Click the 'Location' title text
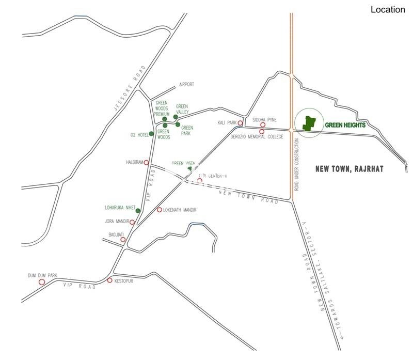point(388,10)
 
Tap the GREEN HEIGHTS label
point(345,125)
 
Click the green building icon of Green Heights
point(309,123)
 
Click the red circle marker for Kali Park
point(241,123)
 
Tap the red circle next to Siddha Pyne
point(263,124)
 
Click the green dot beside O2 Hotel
point(151,134)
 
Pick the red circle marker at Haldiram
point(146,162)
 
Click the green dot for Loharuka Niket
point(138,210)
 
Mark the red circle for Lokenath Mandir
point(160,210)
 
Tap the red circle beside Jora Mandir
point(133,222)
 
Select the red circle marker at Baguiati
point(123,240)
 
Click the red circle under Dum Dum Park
point(42,282)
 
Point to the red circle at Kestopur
point(109,280)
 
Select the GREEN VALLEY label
point(182,108)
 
